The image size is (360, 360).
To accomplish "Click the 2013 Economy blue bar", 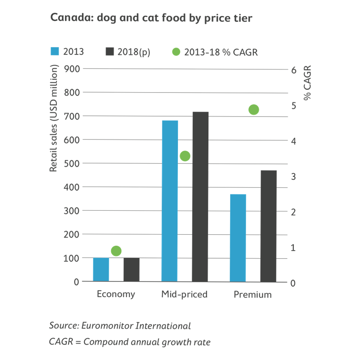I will click(101, 270).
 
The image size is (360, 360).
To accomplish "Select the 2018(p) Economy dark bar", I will click(131, 270).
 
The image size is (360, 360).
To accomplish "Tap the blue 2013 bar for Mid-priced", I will click(170, 201).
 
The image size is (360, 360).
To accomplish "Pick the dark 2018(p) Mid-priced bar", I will click(200, 197).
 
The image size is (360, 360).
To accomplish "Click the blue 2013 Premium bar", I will click(238, 238).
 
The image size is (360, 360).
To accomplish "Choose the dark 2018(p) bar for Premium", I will click(268, 226).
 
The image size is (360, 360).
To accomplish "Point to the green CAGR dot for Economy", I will click(116, 251).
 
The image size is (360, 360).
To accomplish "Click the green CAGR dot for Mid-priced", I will click(185, 156).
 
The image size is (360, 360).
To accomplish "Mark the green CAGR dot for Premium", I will click(254, 110).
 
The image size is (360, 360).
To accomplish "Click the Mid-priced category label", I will click(184, 294).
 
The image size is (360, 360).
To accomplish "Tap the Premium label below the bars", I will click(253, 294).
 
